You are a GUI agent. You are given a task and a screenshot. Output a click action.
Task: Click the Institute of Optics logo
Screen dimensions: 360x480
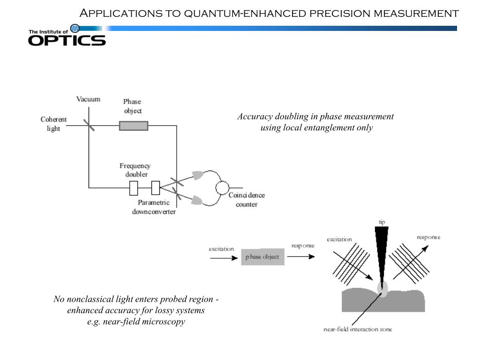coord(67,36)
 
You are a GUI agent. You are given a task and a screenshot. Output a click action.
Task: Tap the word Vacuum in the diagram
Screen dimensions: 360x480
coord(88,99)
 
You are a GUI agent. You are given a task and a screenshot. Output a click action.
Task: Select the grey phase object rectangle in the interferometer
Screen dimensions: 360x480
coord(134,126)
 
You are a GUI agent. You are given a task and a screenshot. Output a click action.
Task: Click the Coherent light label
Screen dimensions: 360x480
coord(53,124)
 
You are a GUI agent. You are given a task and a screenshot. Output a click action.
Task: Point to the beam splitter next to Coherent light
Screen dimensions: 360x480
coord(89,125)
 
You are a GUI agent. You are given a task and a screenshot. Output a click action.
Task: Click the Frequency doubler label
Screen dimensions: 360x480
coord(135,170)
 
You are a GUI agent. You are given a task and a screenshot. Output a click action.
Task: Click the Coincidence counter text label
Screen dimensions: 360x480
coord(247,200)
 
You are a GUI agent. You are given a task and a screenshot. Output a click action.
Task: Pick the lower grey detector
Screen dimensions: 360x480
coord(197,200)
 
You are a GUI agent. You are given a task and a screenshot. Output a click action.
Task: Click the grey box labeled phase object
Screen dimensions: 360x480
coord(262,257)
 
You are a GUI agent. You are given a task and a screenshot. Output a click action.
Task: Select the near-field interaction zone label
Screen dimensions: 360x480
coord(358,329)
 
